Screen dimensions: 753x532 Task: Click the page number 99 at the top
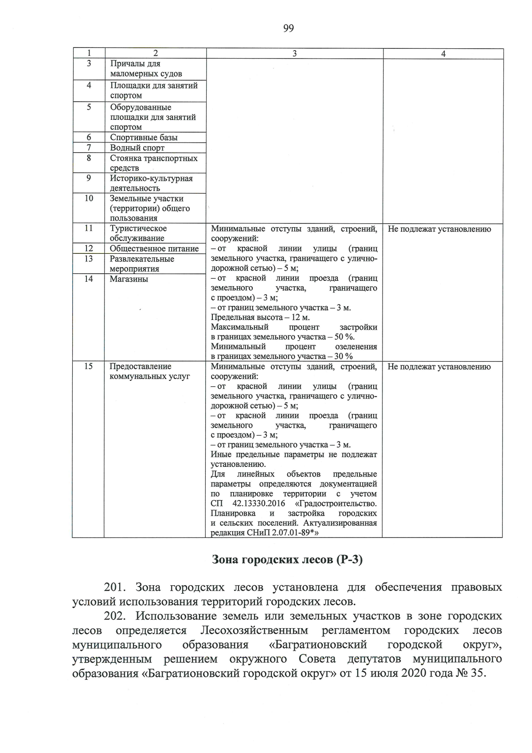pyautogui.click(x=288, y=28)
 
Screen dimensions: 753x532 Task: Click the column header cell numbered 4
pyautogui.click(x=443, y=54)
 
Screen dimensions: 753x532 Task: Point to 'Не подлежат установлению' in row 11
pyautogui.click(x=439, y=229)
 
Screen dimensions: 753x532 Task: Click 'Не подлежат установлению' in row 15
pyautogui.click(x=439, y=367)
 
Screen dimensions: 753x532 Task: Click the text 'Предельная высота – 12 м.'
pyautogui.click(x=260, y=317)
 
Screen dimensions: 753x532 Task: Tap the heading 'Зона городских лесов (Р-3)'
pyautogui.click(x=288, y=560)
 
